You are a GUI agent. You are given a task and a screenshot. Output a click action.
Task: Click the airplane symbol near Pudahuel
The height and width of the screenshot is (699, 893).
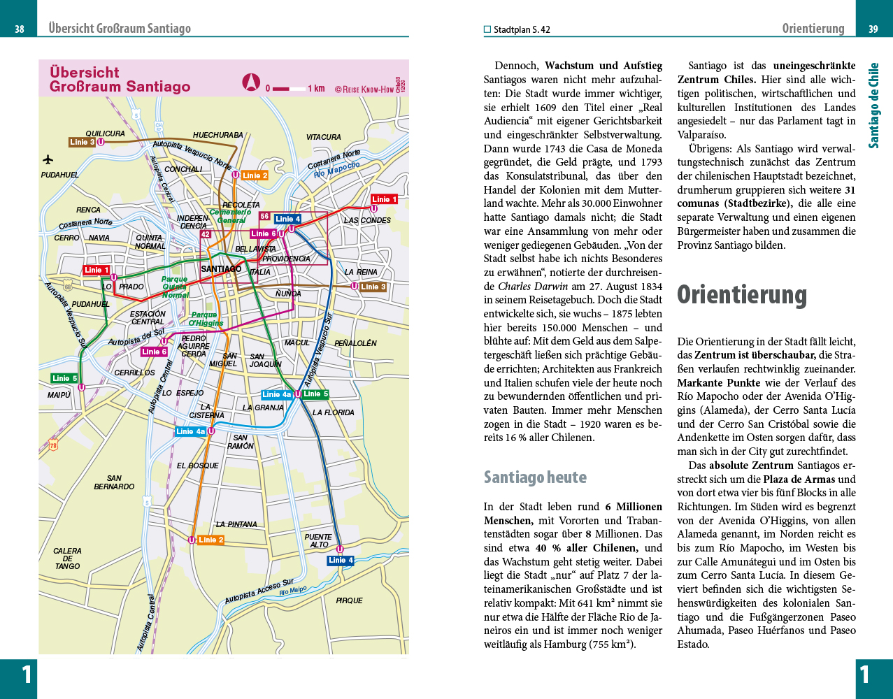click(49, 159)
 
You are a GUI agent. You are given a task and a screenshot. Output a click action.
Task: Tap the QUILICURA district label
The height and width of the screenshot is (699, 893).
click(105, 134)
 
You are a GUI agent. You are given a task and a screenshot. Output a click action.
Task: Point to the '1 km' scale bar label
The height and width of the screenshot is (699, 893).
click(316, 89)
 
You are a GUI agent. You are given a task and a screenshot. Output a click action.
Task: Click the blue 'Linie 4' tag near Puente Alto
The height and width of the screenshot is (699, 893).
click(341, 561)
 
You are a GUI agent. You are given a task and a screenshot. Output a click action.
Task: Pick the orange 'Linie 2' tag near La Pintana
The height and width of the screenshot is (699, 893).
click(211, 540)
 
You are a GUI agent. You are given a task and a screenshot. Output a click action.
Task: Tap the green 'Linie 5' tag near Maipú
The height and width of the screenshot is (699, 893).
click(64, 378)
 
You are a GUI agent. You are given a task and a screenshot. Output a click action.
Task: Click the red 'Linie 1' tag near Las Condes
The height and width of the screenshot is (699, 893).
click(384, 199)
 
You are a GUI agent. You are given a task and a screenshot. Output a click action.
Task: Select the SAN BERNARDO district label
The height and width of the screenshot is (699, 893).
click(114, 482)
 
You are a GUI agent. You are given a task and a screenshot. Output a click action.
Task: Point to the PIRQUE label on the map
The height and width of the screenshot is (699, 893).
click(349, 600)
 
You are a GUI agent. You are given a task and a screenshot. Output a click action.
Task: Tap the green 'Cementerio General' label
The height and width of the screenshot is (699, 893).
click(230, 216)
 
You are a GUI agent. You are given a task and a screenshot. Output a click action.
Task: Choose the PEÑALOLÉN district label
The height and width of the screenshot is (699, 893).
click(355, 343)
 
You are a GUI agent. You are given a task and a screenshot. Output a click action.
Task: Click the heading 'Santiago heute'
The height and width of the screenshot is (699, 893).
click(535, 477)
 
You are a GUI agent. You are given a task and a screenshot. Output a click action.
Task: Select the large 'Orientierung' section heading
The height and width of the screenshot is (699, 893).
click(741, 294)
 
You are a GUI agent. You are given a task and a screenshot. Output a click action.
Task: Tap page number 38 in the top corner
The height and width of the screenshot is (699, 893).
click(19, 29)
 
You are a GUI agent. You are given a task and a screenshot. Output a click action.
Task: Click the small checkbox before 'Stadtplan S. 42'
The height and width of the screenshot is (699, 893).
click(487, 29)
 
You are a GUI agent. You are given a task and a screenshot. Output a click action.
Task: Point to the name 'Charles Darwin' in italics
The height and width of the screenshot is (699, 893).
click(532, 286)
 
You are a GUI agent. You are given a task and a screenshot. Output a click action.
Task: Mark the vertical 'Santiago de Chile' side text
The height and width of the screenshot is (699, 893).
click(873, 106)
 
